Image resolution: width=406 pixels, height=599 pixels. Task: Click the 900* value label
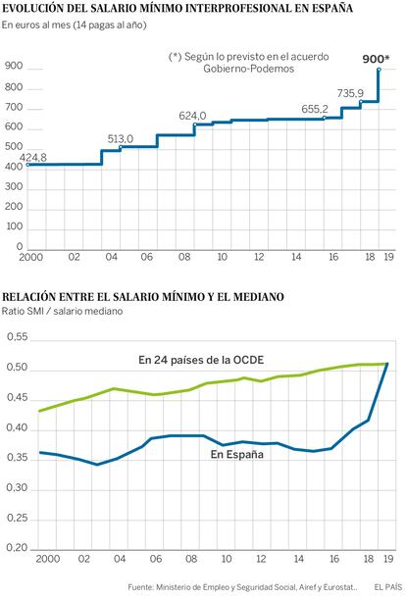[376, 59]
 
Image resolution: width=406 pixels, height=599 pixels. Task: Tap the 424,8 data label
[33, 158]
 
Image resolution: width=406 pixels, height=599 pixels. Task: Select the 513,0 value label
[121, 139]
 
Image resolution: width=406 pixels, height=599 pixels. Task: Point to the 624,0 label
[192, 116]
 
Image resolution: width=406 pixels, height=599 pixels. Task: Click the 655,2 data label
[315, 109]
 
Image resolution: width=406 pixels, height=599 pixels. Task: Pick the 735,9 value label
[350, 93]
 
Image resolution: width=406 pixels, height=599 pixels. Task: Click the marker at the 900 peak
[379, 70]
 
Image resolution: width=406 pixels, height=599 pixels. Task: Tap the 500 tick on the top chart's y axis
[14, 147]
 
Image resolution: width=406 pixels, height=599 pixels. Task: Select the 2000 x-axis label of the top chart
[31, 257]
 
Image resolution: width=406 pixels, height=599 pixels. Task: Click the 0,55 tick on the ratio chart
[18, 337]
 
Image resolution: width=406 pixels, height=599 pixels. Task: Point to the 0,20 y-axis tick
[18, 548]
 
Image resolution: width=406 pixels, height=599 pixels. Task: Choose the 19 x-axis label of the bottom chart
[388, 559]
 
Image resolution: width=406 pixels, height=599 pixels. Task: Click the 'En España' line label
[237, 454]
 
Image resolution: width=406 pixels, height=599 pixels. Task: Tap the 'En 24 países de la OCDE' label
[201, 360]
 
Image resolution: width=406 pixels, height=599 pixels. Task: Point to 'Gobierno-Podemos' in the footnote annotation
[248, 69]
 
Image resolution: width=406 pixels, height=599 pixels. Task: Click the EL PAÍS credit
[388, 587]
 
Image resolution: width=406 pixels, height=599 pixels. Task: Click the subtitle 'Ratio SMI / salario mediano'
[62, 311]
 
